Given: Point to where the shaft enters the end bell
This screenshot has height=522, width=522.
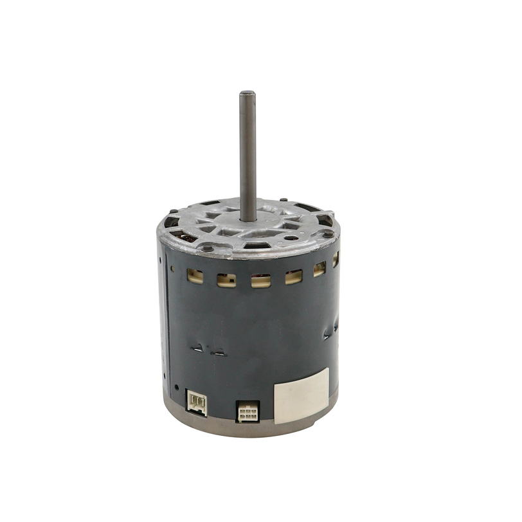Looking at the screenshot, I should [248, 219].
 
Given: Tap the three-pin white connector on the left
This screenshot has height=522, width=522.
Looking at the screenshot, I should [197, 402].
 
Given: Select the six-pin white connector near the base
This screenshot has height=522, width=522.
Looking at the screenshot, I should [246, 411].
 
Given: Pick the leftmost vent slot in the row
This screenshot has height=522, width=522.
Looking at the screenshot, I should [195, 276].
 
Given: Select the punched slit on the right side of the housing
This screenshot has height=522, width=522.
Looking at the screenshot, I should [328, 334].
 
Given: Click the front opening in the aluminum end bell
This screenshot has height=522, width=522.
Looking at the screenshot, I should [256, 245].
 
